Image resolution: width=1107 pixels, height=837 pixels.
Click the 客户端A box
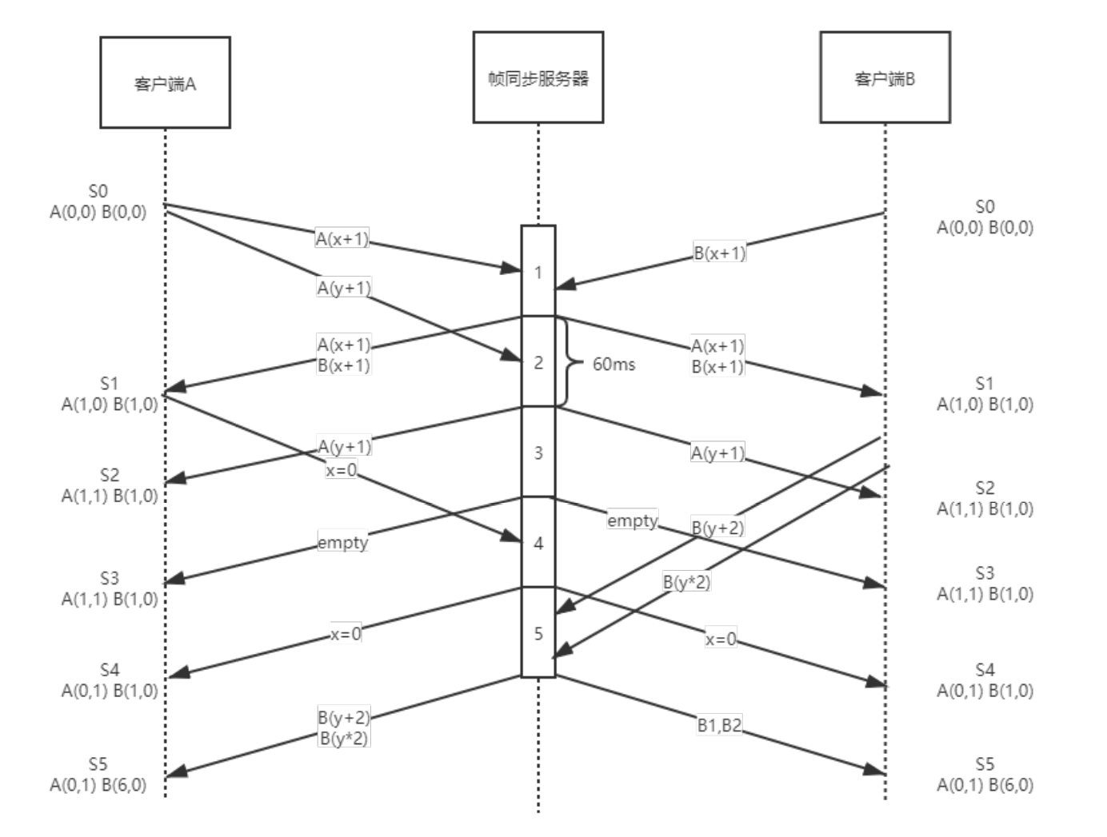click(165, 82)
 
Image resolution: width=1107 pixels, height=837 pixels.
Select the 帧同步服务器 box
click(538, 78)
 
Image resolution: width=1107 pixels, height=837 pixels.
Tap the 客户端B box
click(885, 78)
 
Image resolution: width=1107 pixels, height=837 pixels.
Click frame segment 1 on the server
click(538, 272)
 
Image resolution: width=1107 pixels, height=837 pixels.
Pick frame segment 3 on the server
click(538, 452)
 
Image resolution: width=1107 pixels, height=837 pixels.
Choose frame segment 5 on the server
click(538, 633)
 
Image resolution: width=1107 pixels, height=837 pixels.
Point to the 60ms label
click(613, 364)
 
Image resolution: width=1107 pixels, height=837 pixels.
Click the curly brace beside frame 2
click(569, 362)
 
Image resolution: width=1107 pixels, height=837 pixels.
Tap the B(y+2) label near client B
click(717, 528)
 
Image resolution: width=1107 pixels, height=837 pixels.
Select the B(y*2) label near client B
click(686, 582)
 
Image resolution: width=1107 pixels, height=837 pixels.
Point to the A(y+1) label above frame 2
click(344, 288)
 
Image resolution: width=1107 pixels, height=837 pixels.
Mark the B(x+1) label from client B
click(719, 253)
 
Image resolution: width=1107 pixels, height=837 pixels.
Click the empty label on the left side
click(342, 543)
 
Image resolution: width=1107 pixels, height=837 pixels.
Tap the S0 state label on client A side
click(98, 191)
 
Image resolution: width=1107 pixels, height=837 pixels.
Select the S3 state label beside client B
click(985, 573)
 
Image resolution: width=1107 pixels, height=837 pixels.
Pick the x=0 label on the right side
click(720, 640)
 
